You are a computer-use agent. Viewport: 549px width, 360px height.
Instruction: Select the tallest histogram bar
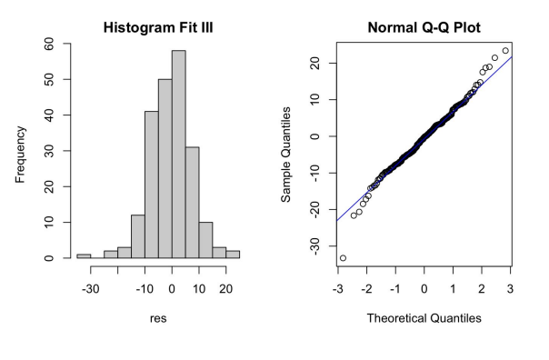(x=178, y=155)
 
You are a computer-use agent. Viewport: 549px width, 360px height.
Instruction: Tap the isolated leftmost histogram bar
(x=84, y=255)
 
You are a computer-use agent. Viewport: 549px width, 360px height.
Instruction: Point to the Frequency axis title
(x=21, y=151)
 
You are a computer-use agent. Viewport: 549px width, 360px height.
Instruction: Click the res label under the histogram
(x=158, y=318)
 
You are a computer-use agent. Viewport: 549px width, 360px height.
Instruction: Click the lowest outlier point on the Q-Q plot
(x=343, y=258)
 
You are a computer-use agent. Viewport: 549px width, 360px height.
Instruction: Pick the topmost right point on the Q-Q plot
(x=505, y=51)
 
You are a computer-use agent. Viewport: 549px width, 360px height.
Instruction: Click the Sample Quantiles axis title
(x=286, y=151)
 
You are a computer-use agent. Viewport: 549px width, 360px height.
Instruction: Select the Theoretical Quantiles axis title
(x=424, y=318)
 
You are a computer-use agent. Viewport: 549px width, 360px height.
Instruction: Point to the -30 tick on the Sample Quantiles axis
(x=314, y=246)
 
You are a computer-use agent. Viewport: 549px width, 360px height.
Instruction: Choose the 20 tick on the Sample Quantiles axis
(x=314, y=63)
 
